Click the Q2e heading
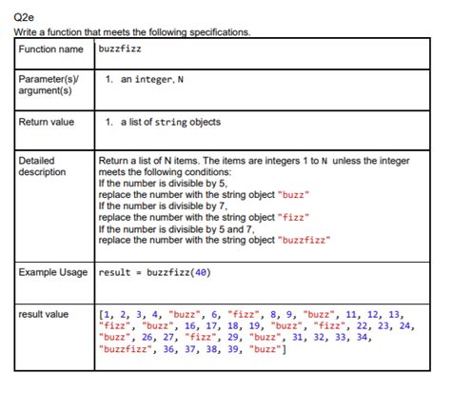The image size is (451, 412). click(24, 16)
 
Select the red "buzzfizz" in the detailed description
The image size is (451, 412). click(304, 240)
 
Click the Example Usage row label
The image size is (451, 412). click(53, 273)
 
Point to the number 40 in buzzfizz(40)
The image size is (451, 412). click(201, 273)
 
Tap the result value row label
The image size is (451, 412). click(44, 314)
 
